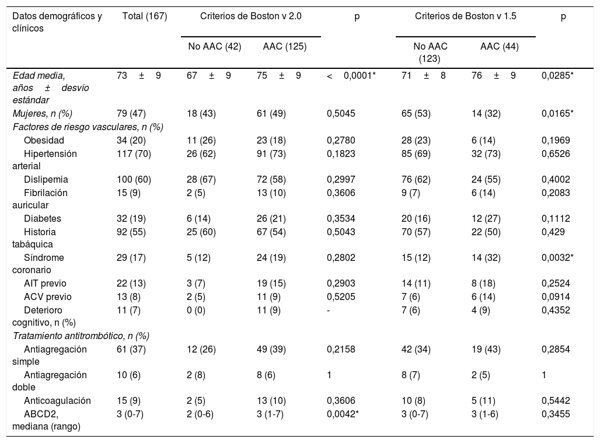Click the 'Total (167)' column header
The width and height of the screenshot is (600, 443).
click(145, 16)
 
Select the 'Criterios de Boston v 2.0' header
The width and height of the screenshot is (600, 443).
click(250, 16)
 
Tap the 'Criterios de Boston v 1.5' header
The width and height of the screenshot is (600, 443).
click(465, 16)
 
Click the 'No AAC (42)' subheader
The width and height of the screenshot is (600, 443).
click(215, 46)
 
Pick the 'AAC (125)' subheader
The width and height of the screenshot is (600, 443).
click(285, 46)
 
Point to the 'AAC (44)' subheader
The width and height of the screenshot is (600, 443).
click(500, 46)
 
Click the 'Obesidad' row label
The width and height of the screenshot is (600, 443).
click(44, 141)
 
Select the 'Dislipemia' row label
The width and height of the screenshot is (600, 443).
click(46, 179)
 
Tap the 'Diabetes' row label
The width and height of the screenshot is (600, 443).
click(43, 218)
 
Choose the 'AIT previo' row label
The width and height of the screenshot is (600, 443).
click(45, 284)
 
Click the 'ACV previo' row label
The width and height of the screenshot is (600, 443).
click(47, 297)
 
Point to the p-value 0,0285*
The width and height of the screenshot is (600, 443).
click(557, 75)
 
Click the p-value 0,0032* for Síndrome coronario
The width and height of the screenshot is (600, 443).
click(557, 257)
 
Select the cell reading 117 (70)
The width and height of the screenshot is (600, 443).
click(134, 154)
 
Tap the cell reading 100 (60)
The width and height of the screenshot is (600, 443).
click(134, 179)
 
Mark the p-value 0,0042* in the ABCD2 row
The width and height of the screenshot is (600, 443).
click(343, 414)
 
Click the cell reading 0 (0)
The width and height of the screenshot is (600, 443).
click(196, 311)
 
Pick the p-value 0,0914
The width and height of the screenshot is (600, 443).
click(556, 297)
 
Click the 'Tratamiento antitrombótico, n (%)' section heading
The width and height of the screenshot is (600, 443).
click(81, 336)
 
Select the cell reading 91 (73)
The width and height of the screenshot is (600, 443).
click(271, 154)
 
